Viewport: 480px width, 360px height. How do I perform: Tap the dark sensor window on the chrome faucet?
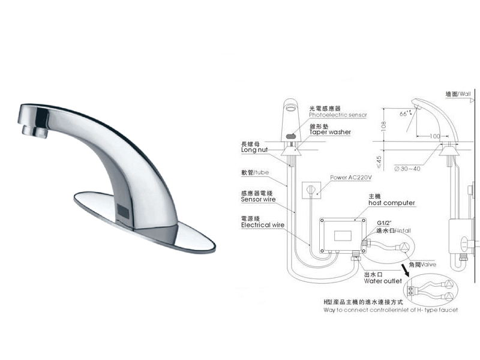coord(123,211)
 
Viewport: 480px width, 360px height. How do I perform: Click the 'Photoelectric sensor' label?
coord(337,114)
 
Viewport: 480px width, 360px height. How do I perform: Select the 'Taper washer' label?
coord(330,132)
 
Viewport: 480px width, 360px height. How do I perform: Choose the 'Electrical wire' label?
coord(263,225)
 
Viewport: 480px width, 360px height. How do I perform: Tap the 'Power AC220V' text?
coord(351,178)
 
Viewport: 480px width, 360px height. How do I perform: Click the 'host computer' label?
coord(391,203)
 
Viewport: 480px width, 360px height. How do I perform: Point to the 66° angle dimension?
coord(405,112)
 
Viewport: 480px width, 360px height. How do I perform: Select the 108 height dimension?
coord(383,127)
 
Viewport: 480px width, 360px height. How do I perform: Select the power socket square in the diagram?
coord(310,190)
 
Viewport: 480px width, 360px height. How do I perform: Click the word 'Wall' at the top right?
coord(467,94)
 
